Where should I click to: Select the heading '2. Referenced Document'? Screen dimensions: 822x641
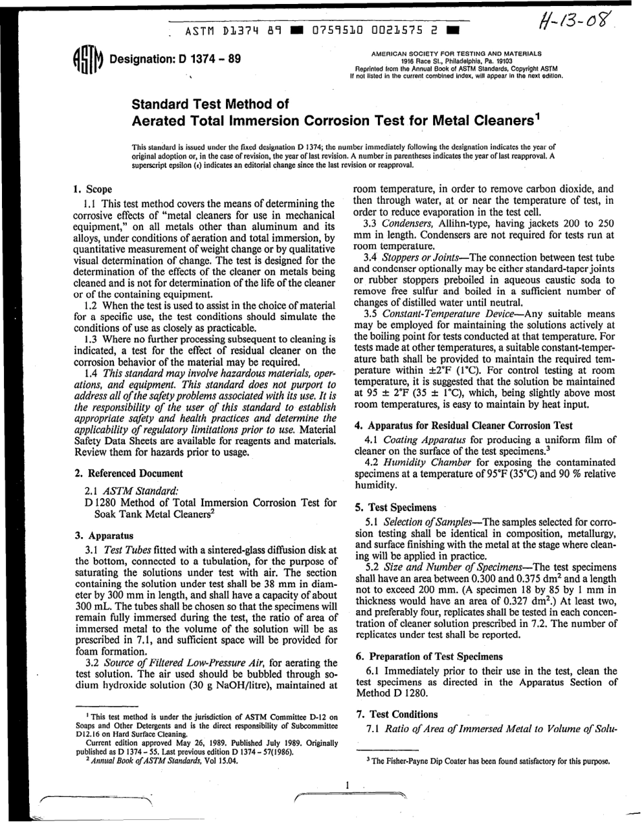click(x=128, y=473)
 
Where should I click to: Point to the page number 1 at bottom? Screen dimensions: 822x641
click(x=346, y=785)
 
